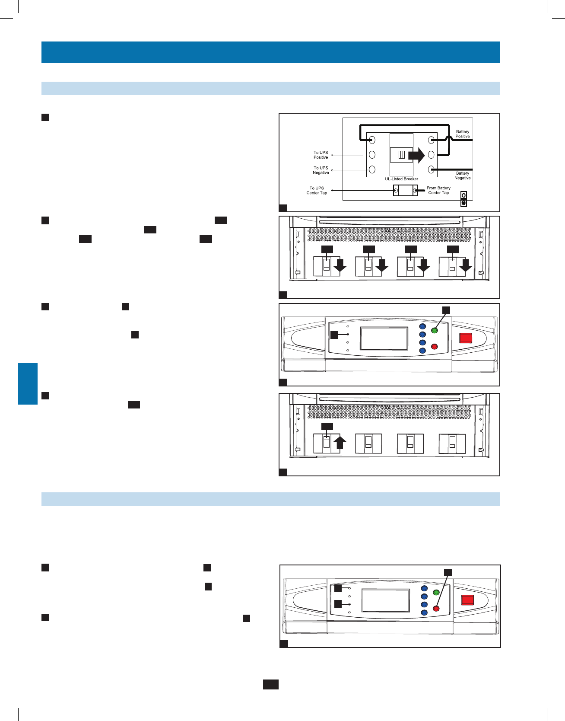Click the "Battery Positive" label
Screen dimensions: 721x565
(x=462, y=134)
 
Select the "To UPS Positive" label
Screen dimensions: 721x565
(x=321, y=155)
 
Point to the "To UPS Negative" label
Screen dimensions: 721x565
(x=321, y=170)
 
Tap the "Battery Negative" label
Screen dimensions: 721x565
(x=462, y=175)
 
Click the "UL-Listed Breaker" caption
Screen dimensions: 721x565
(x=401, y=179)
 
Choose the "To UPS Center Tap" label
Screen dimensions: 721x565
(x=317, y=191)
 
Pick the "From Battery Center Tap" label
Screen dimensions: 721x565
(x=438, y=191)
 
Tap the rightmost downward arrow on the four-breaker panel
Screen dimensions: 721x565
(x=465, y=266)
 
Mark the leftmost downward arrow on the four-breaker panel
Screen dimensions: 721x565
(x=340, y=266)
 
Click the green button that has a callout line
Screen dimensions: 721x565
(x=435, y=331)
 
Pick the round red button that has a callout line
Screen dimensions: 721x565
(x=436, y=609)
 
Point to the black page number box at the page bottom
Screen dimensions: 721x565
(x=271, y=684)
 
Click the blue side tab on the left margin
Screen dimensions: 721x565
(x=28, y=384)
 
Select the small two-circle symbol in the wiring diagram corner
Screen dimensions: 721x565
(x=463, y=199)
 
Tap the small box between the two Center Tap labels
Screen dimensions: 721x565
(x=405, y=191)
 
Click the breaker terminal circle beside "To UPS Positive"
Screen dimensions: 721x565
(x=372, y=154)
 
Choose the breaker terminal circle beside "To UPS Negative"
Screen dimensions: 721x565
(x=372, y=169)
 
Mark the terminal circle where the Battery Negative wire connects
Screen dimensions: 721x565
(x=431, y=169)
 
